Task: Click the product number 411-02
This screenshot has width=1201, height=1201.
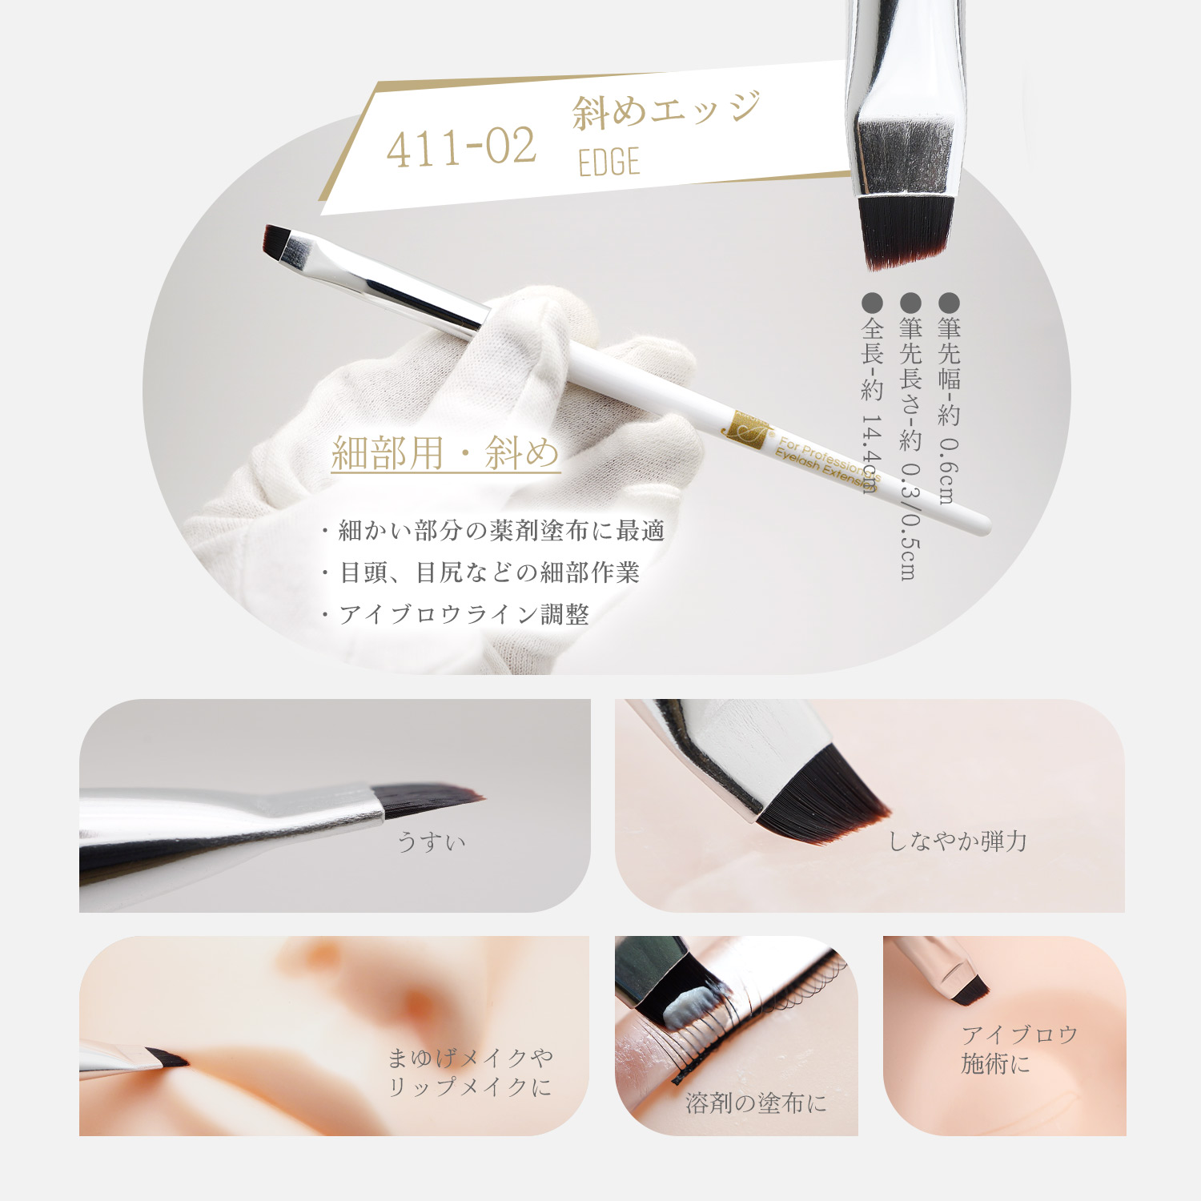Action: pos(461,148)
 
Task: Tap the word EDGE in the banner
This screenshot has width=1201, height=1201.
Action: pos(609,162)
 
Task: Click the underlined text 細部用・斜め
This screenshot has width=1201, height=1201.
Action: pos(445,453)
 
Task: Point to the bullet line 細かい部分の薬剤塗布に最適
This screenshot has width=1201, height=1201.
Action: pos(493,530)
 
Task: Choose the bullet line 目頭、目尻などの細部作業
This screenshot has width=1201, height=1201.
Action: pos(480,572)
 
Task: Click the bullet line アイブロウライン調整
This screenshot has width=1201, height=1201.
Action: pos(455,614)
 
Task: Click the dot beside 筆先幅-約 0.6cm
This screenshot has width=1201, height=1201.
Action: pos(949,303)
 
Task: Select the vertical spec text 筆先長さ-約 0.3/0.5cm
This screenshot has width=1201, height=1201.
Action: pos(910,448)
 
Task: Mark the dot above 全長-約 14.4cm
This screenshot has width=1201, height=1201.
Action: pos(872,303)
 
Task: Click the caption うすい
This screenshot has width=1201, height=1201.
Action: pos(432,842)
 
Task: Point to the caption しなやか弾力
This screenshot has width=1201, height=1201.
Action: pos(958,841)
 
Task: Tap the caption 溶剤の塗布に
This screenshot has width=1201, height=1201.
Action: pos(756,1103)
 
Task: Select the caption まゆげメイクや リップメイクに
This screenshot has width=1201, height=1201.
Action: pos(470,1072)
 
